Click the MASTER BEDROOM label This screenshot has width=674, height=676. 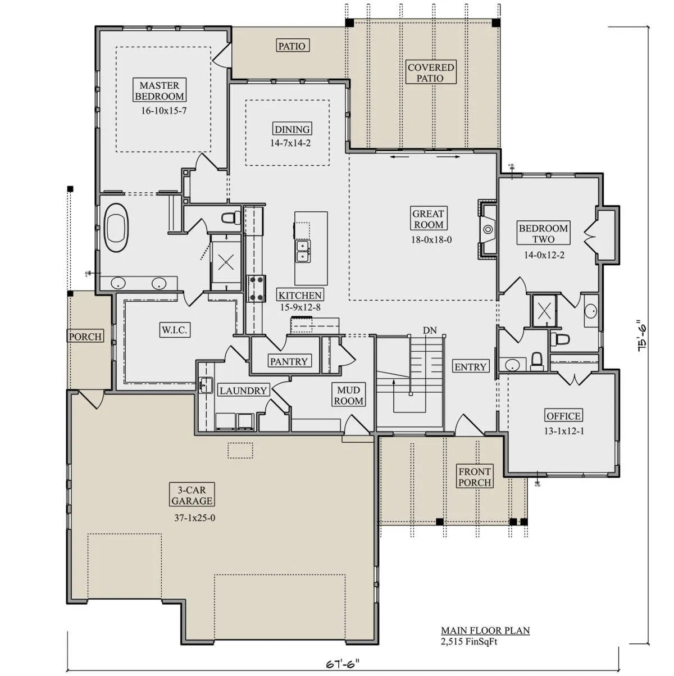(159, 90)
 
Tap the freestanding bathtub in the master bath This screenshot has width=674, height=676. (117, 228)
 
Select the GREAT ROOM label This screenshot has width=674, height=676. (429, 219)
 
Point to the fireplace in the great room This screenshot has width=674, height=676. (488, 229)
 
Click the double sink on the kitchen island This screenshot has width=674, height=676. (303, 251)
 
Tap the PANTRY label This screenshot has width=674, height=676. (289, 361)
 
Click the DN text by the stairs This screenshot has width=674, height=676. (430, 330)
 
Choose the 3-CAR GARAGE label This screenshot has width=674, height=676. (192, 495)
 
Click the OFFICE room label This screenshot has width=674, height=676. (563, 416)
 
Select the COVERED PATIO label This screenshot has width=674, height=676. (431, 72)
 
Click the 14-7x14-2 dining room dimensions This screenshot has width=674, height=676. (290, 143)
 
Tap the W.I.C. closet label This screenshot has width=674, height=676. (175, 330)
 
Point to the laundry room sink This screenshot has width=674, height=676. (206, 385)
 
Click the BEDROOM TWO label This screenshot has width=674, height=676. (543, 233)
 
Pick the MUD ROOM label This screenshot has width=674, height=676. (349, 395)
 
